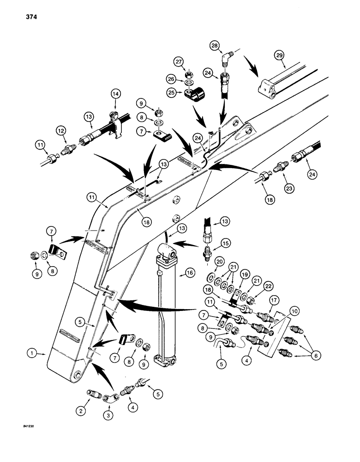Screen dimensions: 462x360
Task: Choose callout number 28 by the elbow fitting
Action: [x=228, y=45]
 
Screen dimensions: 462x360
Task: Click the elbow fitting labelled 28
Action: [x=226, y=58]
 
